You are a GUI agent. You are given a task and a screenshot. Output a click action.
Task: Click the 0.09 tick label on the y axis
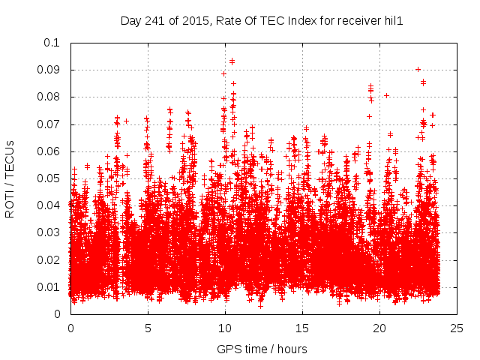coord(49,70)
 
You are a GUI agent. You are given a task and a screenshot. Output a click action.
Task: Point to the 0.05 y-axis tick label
coord(49,178)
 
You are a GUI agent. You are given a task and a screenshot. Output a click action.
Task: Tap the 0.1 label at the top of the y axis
coord(52,43)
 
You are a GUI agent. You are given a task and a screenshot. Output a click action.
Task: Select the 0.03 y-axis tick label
coord(49,232)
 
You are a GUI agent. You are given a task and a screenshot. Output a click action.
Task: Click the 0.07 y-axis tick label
coord(49,124)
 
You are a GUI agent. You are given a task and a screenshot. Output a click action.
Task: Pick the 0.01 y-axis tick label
coord(49,287)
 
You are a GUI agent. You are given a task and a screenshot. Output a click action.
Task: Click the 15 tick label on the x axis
coord(302,328)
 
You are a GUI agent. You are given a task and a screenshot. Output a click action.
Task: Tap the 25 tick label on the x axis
coord(457,328)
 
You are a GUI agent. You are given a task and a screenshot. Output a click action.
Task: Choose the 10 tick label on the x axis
coord(225,328)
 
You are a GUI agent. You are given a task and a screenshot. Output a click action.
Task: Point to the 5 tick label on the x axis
coord(148,328)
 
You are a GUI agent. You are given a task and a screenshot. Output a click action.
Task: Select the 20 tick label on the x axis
coord(379,328)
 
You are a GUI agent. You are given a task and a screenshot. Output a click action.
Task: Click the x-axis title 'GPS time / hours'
coord(262,349)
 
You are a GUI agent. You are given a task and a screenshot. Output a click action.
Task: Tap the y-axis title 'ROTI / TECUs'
coord(10,178)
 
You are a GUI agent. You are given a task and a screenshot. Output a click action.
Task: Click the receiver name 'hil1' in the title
coord(392,21)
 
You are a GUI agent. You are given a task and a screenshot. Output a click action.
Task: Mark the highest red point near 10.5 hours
coord(232,61)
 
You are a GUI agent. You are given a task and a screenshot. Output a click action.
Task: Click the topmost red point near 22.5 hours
coord(418,69)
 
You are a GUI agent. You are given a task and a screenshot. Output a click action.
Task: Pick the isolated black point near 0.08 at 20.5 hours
coord(386,95)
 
